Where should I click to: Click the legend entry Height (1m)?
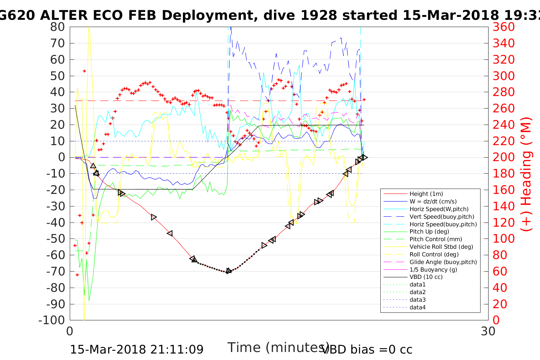pyautogui.click(x=426, y=194)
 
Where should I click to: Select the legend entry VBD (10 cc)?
pyautogui.click(x=426, y=277)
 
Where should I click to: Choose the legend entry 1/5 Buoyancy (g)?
pyautogui.click(x=433, y=269)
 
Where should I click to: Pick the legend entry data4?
pyautogui.click(x=417, y=307)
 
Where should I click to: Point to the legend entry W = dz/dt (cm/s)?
pyautogui.click(x=433, y=202)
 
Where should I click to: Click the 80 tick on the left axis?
pyautogui.click(x=58, y=27)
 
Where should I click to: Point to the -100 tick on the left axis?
pyautogui.click(x=52, y=320)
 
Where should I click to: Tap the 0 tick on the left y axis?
pyautogui.click(x=61, y=157)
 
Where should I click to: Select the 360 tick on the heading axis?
pyautogui.click(x=503, y=27)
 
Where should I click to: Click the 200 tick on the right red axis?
pyautogui.click(x=503, y=157)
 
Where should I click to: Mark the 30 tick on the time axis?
pyautogui.click(x=488, y=331)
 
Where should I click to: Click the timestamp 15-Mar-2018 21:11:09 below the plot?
pyautogui.click(x=136, y=349)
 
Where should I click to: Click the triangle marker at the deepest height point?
pyautogui.click(x=228, y=271)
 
